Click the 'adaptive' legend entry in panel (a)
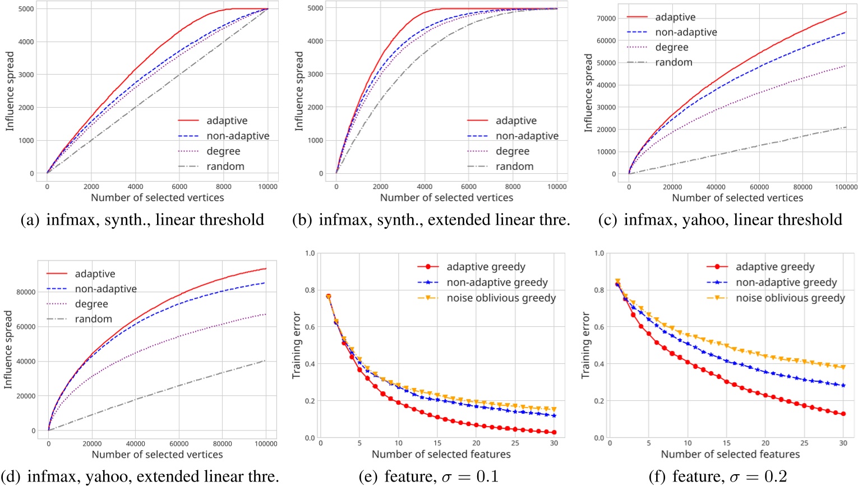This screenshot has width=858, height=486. [227, 121]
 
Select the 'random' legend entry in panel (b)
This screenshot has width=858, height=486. [514, 166]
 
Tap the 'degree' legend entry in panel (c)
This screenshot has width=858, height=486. [671, 48]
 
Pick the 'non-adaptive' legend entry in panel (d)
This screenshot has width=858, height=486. [105, 289]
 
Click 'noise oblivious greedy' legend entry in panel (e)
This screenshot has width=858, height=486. [501, 298]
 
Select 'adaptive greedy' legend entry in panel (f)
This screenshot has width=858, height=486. [774, 267]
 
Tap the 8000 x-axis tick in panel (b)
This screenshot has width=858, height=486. [513, 187]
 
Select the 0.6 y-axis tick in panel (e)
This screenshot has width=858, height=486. [310, 327]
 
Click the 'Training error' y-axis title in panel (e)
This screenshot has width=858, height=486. [297, 345]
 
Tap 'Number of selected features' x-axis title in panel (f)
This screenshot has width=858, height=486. [730, 454]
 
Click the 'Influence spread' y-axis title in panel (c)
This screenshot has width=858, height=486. [588, 93]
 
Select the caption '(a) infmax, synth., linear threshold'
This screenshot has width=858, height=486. [142, 220]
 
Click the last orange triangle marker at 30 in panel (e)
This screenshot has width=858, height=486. [553, 410]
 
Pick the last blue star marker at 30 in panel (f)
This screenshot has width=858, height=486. [842, 386]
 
